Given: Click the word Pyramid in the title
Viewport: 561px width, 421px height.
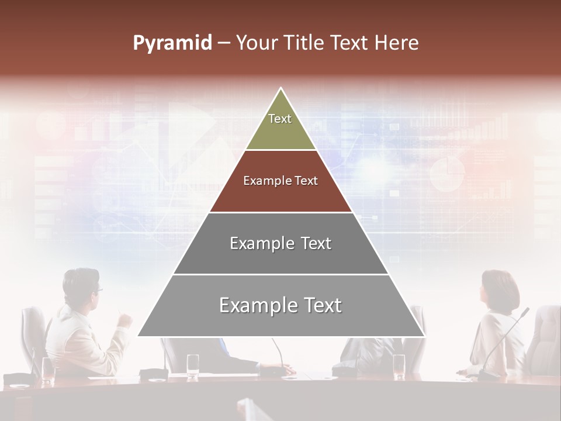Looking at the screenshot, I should (x=172, y=43).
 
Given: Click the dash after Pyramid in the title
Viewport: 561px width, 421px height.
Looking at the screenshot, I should (x=223, y=43).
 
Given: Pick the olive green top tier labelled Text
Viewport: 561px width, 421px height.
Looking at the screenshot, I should (x=280, y=124).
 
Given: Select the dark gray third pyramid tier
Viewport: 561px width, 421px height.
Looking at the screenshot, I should (x=280, y=243).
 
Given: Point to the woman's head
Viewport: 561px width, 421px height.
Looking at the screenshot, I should (x=500, y=289).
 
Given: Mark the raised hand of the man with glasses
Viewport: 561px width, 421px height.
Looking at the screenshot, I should (x=124, y=319).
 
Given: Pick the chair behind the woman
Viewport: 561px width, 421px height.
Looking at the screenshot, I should (x=543, y=336).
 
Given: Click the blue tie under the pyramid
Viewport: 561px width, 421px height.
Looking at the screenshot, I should (x=224, y=346).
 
